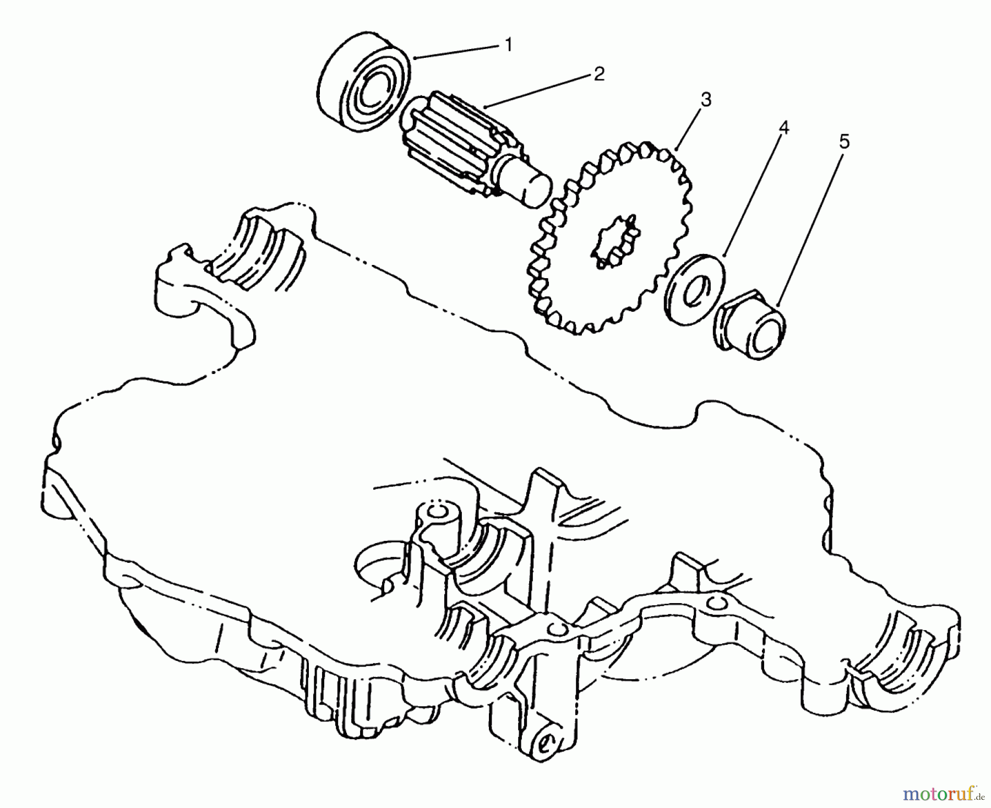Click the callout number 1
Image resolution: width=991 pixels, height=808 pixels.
click(x=508, y=45)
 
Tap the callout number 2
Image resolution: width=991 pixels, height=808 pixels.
click(x=598, y=74)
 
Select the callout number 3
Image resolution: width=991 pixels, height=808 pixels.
click(x=705, y=100)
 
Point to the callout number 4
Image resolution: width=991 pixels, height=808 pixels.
click(x=783, y=128)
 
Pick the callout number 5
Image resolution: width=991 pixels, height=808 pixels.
click(x=844, y=142)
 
